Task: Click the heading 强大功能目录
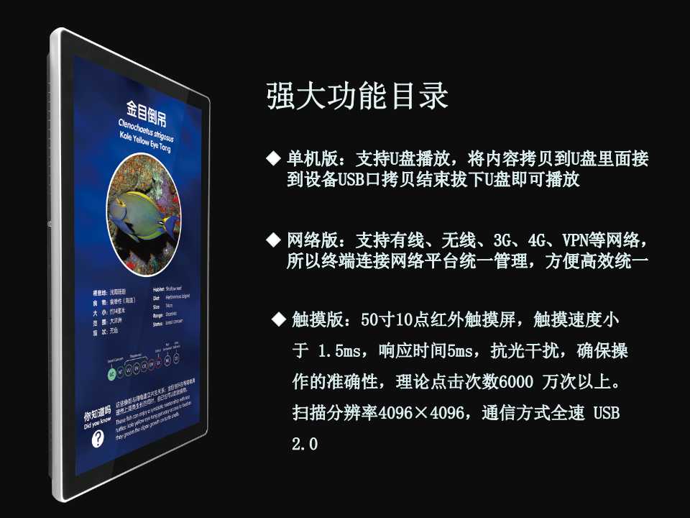pyautogui.click(x=357, y=95)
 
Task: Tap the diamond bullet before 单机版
pyautogui.click(x=272, y=157)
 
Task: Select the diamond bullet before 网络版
pyautogui.click(x=272, y=237)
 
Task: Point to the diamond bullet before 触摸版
pyautogui.click(x=277, y=317)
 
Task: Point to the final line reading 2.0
pyautogui.click(x=305, y=444)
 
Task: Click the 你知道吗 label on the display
pyautogui.click(x=97, y=416)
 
